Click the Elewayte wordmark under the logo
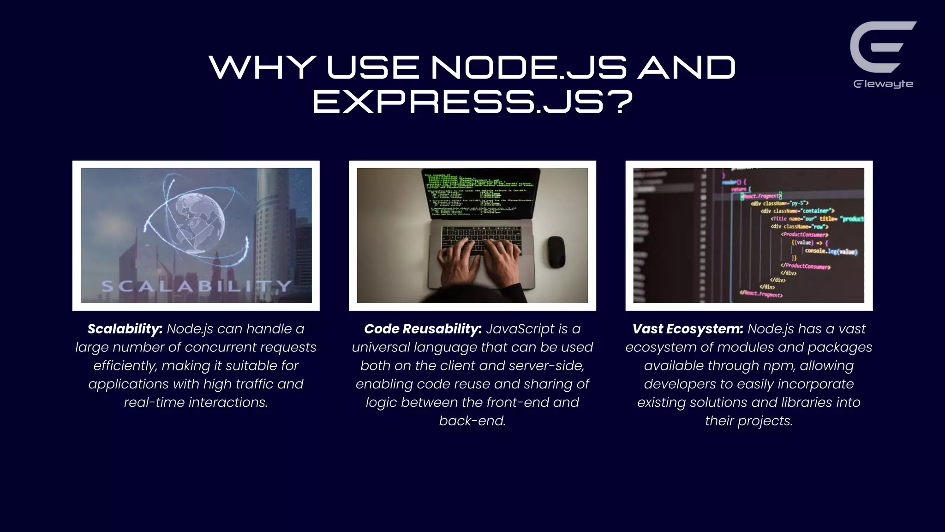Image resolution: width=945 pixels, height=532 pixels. pos(883,84)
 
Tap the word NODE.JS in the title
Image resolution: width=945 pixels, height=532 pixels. pos(529,67)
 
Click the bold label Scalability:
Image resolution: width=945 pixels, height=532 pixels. pos(125,329)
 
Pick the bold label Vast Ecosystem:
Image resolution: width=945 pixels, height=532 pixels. pos(688,329)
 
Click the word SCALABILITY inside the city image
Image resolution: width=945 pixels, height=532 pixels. pos(196,286)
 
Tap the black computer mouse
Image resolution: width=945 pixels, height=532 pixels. pos(556,252)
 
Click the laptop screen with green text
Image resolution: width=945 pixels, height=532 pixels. pos(480,194)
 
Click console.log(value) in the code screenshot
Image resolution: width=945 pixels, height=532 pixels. pos(831,251)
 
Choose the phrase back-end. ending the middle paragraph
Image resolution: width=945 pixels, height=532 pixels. pos(472,421)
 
